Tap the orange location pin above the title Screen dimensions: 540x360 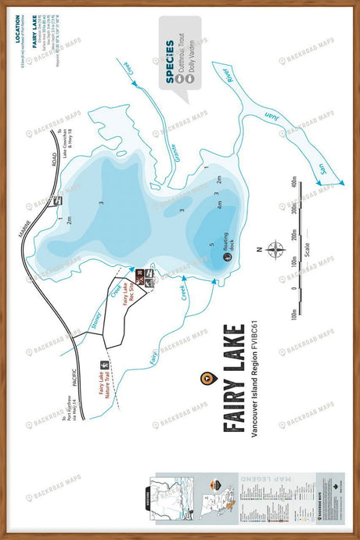pos(206,377)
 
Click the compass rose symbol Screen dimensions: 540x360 pos(276,250)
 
